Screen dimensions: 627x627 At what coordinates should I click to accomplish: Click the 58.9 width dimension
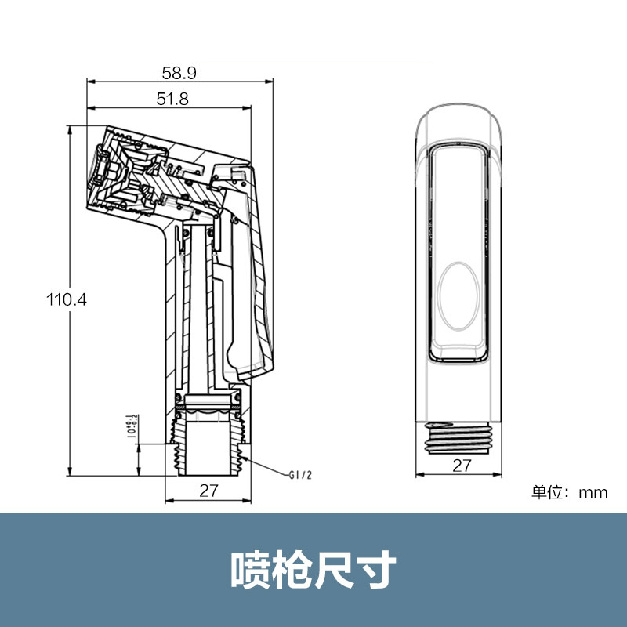[179, 73]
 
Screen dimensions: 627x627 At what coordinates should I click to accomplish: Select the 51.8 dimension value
[172, 98]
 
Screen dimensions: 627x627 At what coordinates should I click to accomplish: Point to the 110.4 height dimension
[66, 299]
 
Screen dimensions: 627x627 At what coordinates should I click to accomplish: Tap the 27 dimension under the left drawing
[208, 491]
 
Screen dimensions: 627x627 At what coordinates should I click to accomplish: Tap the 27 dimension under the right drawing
[462, 466]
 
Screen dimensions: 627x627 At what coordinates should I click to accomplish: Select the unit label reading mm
[593, 492]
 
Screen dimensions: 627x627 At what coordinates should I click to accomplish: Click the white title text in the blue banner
[313, 570]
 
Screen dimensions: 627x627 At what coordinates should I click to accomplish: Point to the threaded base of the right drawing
[461, 439]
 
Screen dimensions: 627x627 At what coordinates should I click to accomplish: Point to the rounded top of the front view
[461, 118]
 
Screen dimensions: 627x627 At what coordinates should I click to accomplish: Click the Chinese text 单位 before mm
[549, 492]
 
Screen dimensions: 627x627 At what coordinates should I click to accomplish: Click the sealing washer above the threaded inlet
[208, 409]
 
